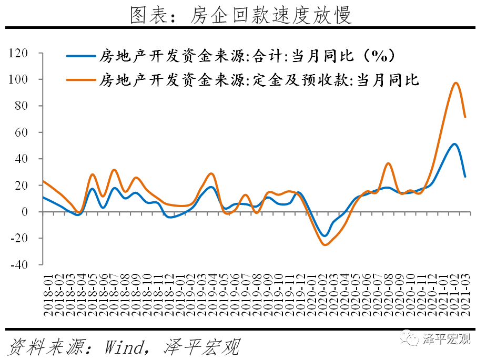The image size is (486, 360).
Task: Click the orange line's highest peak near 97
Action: (x=455, y=83)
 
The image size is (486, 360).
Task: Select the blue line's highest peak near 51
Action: (x=454, y=144)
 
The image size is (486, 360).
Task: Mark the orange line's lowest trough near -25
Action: (x=325, y=245)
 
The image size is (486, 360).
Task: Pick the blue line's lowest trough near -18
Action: (x=325, y=236)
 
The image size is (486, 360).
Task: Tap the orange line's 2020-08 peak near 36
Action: (x=388, y=163)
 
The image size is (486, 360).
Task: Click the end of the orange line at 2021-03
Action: (x=465, y=117)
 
